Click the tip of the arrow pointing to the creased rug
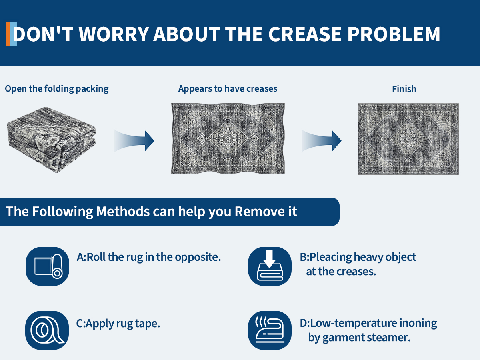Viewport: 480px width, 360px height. pos(154,141)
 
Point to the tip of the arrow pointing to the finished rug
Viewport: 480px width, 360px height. pos(341,141)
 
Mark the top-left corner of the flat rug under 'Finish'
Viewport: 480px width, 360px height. pos(358,104)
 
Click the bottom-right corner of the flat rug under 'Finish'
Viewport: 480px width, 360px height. pos(458,174)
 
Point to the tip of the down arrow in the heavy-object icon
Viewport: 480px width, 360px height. pos(270,267)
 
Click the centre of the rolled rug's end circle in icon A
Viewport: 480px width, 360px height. pos(57,273)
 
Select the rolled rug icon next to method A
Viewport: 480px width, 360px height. pos(47,266)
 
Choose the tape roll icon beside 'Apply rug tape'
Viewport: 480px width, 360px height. pos(47,330)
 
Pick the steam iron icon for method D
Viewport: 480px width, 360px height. pos(270,330)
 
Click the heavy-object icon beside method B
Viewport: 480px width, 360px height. pos(270,266)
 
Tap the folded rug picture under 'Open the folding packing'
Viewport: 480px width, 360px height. pos(51,140)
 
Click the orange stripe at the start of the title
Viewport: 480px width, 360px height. pos(8,34)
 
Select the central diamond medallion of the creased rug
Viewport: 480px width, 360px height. pos(228,138)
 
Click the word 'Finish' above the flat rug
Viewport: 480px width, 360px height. pos(404,89)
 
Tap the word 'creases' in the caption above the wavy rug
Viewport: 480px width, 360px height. pos(262,88)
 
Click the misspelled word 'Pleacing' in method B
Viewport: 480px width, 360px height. pos(331,257)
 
